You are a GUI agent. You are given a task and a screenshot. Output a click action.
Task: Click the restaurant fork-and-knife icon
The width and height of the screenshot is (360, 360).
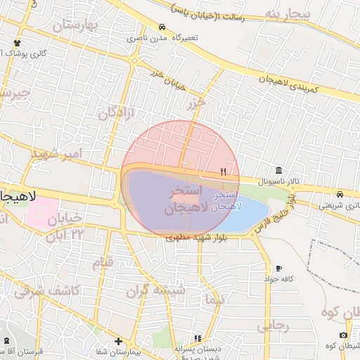[224, 171]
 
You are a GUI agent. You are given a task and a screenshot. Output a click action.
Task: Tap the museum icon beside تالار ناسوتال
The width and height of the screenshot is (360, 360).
[280, 171]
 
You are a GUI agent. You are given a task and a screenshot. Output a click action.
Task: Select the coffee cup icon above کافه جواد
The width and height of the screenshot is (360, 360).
[279, 269]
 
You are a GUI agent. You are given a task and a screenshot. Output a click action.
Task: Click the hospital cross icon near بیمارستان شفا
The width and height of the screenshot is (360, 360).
[118, 341]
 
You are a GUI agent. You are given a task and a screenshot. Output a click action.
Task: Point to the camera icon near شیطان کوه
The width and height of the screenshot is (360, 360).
[343, 335]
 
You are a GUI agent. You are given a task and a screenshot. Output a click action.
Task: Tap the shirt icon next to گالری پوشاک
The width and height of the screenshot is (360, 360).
[16, 43]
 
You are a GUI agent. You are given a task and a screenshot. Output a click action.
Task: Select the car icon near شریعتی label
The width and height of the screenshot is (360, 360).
[340, 195]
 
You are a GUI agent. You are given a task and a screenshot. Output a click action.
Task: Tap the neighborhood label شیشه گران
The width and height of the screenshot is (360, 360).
[155, 290]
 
